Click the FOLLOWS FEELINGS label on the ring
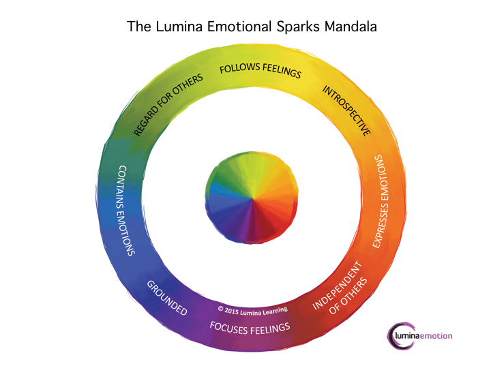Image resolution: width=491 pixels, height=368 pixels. (259, 72)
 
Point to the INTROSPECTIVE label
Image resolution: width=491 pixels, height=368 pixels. (346, 110)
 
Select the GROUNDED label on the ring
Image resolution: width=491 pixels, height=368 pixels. (167, 297)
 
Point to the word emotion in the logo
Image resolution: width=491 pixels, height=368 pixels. (436, 336)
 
